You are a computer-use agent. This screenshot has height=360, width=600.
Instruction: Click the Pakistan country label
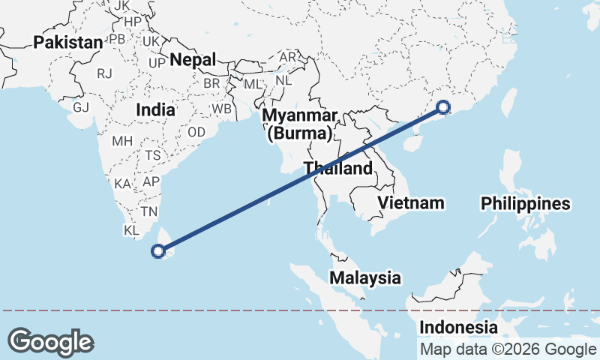67,42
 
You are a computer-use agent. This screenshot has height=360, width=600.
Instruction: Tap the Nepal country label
193,59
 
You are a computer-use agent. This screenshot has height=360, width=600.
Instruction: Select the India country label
155,109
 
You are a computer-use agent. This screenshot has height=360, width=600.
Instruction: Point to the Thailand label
337,168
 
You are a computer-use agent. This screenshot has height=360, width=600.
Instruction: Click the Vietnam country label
411,202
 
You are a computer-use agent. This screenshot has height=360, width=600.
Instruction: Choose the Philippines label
526,203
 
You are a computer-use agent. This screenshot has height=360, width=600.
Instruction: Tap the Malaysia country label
365,277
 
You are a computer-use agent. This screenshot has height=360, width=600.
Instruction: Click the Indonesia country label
457,327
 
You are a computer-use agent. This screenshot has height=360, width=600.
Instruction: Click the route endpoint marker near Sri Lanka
158,250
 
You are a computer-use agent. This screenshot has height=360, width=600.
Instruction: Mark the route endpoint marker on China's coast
442,108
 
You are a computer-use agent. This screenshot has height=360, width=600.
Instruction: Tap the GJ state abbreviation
81,107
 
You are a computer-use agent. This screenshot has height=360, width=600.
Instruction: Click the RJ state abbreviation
105,73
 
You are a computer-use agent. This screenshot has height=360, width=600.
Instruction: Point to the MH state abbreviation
121,141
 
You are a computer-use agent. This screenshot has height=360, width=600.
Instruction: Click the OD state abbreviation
196,131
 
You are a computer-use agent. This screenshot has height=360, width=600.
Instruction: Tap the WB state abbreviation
222,108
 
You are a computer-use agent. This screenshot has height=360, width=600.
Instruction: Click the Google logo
50,342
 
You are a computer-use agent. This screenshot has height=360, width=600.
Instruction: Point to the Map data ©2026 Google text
508,349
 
